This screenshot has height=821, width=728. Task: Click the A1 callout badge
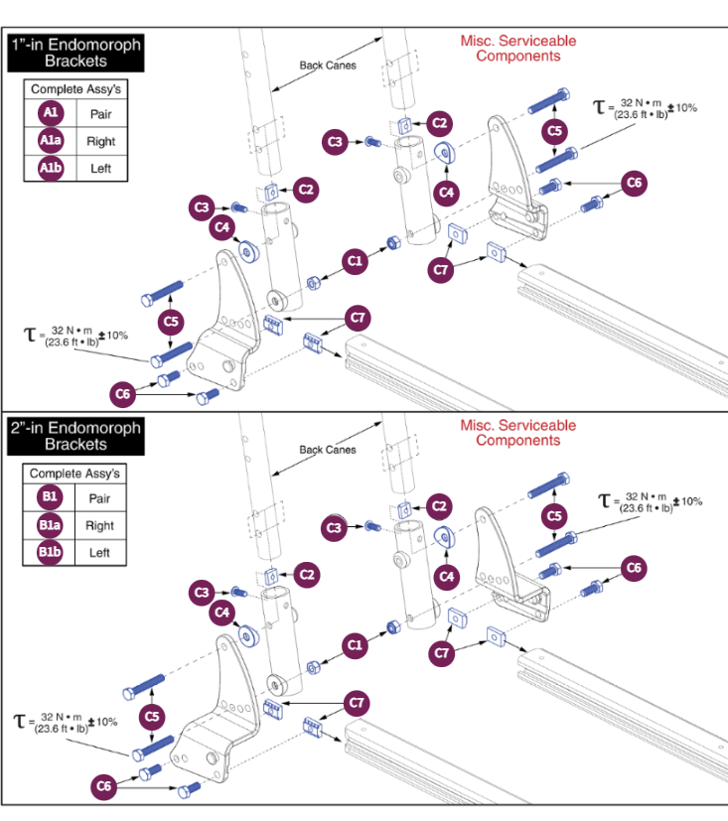coord(51,113)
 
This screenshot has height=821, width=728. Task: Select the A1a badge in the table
coord(51,140)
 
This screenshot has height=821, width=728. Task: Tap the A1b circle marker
coord(51,168)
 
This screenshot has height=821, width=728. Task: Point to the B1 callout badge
coord(50,498)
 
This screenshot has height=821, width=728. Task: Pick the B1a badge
coord(50,525)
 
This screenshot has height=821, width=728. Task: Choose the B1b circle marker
coord(50,552)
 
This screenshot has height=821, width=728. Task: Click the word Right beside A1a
coord(100,141)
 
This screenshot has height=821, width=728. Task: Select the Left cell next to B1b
coord(99,553)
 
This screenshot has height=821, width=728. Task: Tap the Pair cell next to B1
coord(99,498)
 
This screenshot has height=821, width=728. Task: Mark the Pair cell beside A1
coord(100,113)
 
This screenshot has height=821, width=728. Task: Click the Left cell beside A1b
coord(100,168)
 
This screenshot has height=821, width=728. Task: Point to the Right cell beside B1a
coord(99,526)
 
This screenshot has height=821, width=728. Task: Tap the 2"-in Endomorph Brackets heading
coord(75,437)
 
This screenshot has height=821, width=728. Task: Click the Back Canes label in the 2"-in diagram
coord(328,450)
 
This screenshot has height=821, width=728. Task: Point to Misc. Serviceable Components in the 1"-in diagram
coord(517,49)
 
